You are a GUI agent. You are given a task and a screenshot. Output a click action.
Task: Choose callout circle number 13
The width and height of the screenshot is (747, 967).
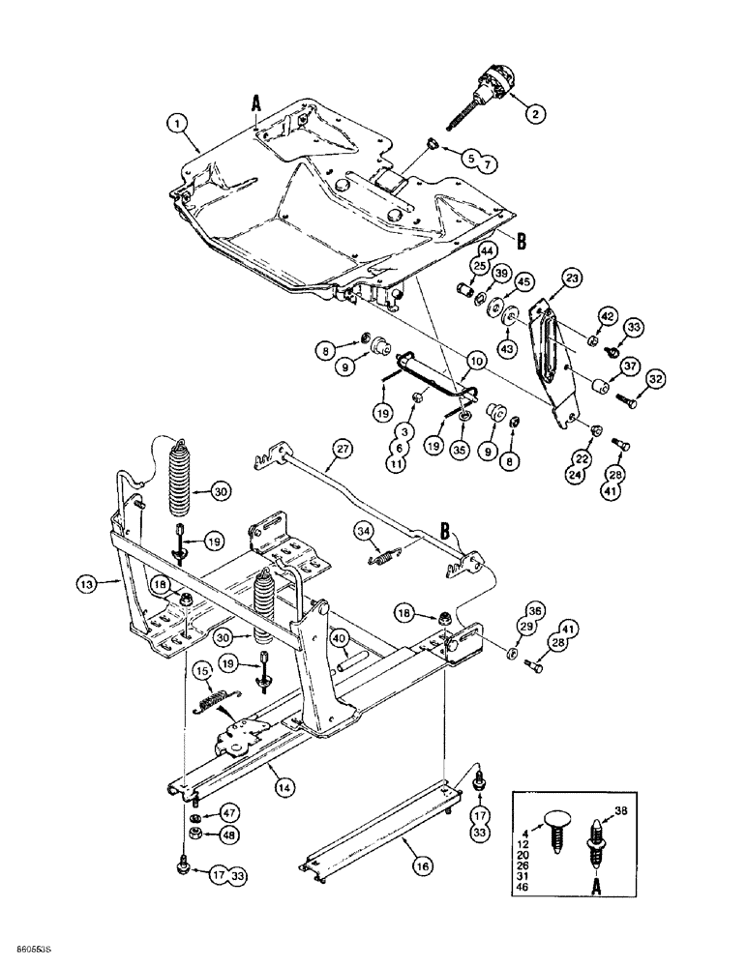point(87,583)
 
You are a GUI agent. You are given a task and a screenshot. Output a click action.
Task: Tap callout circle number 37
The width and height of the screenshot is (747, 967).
point(630,366)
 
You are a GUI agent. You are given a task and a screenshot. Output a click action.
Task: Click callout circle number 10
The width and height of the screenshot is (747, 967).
point(477,360)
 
